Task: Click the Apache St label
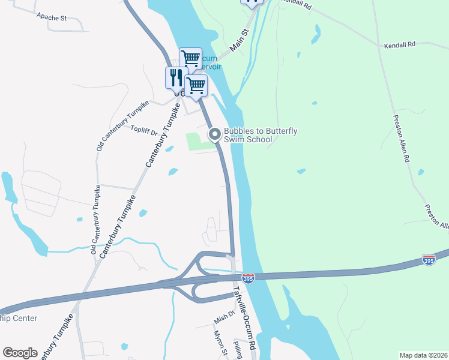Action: [51, 17]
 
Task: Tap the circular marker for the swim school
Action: [214, 134]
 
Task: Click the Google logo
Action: [20, 353]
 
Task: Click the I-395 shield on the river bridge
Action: [248, 278]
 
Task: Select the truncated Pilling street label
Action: [237, 349]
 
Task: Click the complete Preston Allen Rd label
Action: [402, 139]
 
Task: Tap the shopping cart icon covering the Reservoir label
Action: [190, 59]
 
